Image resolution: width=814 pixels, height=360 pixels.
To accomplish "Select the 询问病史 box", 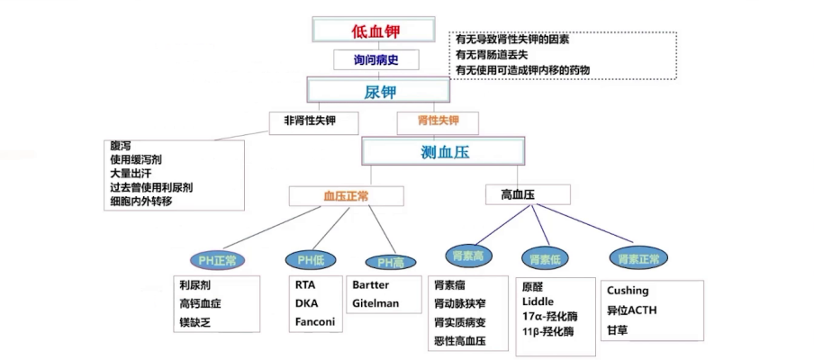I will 376,60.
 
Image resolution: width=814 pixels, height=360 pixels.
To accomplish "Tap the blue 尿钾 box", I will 378,91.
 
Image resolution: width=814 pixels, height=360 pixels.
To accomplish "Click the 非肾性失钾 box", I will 307,121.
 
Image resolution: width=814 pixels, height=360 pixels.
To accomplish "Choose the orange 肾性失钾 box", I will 438,121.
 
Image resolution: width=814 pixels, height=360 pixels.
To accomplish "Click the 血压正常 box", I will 346,195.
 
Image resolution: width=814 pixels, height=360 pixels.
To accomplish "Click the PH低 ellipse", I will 311,260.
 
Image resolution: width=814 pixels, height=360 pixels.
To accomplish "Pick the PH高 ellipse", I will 390,262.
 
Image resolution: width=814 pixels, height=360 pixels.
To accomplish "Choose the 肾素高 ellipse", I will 472,258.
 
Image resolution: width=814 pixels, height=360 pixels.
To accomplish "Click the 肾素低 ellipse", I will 546,260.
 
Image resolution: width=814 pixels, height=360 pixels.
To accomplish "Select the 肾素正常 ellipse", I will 638,258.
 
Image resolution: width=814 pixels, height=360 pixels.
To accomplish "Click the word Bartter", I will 370,284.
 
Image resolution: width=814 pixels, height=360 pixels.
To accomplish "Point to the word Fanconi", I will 315,322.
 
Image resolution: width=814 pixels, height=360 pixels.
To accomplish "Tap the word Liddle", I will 538,301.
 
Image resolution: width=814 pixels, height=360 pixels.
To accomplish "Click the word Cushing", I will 628,291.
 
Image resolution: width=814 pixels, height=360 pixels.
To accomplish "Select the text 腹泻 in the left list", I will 120,146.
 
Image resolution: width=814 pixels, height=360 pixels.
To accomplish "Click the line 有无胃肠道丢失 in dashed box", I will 501,55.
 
